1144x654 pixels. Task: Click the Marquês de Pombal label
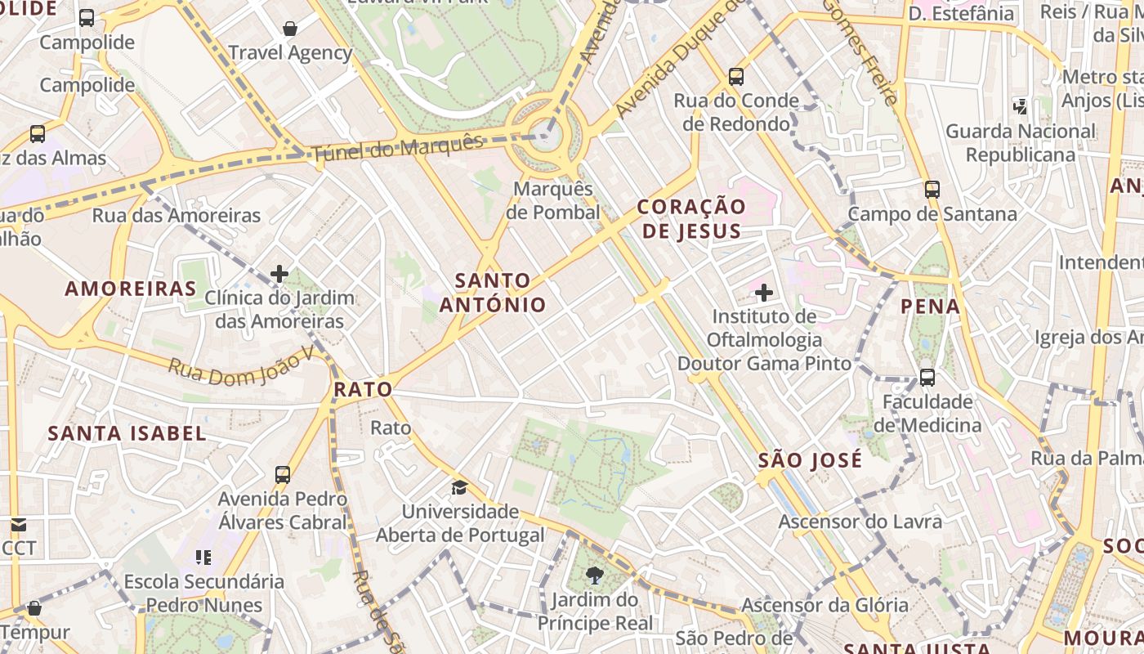[x=553, y=200]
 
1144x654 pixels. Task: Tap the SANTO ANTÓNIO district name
[x=493, y=293]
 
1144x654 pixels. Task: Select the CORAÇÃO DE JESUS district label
[x=691, y=218]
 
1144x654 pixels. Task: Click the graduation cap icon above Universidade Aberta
[x=460, y=488]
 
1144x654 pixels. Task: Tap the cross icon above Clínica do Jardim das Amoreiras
[x=279, y=274]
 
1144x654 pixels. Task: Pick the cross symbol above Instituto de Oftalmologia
[x=764, y=293]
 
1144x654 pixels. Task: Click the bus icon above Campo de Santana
[x=932, y=190]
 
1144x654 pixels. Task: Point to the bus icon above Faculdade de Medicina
[x=927, y=378]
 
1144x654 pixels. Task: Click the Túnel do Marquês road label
[x=397, y=148]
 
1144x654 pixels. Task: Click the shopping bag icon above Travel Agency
[x=290, y=29]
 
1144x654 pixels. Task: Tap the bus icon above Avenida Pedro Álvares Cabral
[x=283, y=474]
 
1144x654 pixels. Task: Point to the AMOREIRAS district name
[x=131, y=289]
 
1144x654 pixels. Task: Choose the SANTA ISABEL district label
[x=127, y=433]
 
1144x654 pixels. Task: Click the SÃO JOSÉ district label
[x=810, y=460]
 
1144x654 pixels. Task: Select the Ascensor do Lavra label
[x=860, y=522]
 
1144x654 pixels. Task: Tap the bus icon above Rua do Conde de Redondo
[x=736, y=77]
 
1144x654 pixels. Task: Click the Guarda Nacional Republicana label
[x=1020, y=143]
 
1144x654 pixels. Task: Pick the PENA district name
[x=930, y=307]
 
